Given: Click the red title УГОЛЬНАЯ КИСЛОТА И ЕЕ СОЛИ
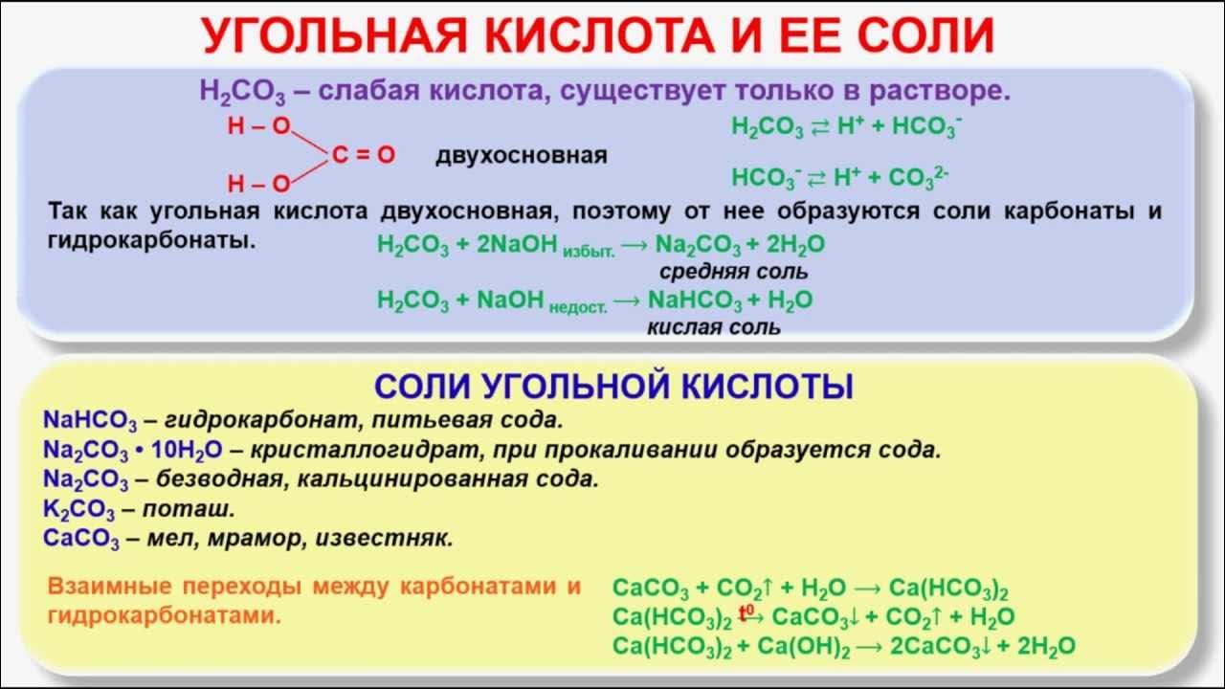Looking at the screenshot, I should pos(598,35).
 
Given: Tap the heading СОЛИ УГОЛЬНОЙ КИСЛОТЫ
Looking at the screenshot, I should pos(613,387).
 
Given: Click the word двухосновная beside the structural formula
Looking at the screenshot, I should pos(522,155).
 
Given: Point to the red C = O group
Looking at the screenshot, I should pos(364,155).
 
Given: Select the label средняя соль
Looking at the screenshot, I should pos(733,273).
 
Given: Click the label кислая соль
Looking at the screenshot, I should pos(714,327).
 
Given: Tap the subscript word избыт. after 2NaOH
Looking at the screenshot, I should pos(589,250).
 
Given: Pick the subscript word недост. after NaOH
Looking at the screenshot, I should pos(578,305).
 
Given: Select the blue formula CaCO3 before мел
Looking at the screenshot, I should pos(81,539).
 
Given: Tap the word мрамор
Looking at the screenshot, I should pos(250,538).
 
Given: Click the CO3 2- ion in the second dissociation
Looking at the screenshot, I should pos(918,178).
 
